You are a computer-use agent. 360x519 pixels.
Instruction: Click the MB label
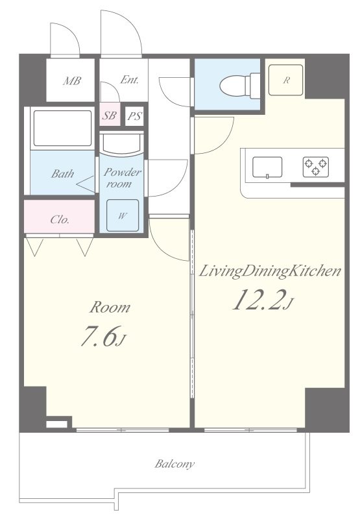coord(72,80)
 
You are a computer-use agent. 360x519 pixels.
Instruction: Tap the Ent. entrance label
coord(129,79)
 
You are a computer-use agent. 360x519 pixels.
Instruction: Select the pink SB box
coord(110,116)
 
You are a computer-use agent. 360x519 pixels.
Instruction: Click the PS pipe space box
coord(135,116)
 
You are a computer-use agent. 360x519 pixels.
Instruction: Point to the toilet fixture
coord(240,86)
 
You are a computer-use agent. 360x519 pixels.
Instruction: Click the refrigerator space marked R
coord(286,80)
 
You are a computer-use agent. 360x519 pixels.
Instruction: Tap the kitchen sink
coord(267,167)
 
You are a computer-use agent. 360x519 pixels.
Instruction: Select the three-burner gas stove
coord(316,167)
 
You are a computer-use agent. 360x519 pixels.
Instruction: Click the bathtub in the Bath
coord(62,128)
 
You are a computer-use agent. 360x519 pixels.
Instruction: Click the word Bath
coord(62,173)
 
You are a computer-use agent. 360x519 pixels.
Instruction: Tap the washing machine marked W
coord(123,215)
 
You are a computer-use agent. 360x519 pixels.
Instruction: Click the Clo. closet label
coord(60,219)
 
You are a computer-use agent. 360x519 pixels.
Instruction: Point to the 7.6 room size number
coord(99,336)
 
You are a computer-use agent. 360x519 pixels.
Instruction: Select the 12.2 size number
coord(258,300)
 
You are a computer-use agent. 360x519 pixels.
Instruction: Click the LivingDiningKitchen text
coord(270,271)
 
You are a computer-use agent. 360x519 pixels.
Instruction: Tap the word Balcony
coord(174,464)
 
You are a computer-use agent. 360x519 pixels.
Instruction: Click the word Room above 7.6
coord(110,307)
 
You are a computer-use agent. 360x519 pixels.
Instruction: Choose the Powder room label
coord(122,178)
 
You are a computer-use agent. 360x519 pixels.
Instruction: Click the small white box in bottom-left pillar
coord(56,424)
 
